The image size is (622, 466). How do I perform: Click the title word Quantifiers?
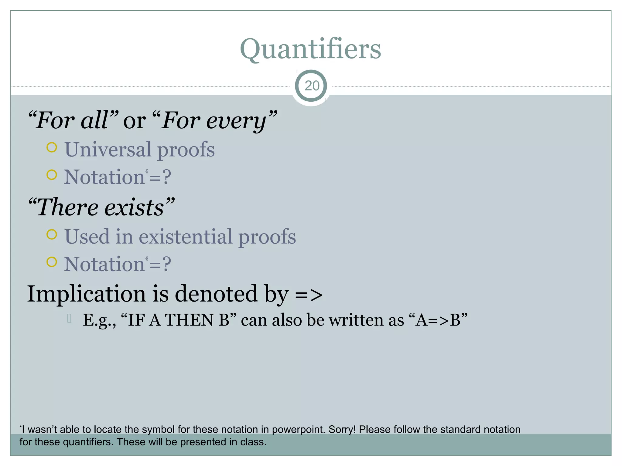point(310,49)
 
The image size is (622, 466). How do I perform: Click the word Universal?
point(108,149)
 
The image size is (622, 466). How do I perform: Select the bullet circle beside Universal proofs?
point(52,147)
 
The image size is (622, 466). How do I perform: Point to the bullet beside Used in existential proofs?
point(52,235)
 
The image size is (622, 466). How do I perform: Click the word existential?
point(186,237)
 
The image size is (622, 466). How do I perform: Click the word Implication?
point(87,294)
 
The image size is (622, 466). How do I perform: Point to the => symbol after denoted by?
point(308,295)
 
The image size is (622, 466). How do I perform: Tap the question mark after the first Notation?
point(167,177)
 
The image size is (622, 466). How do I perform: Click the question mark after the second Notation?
point(167,264)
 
